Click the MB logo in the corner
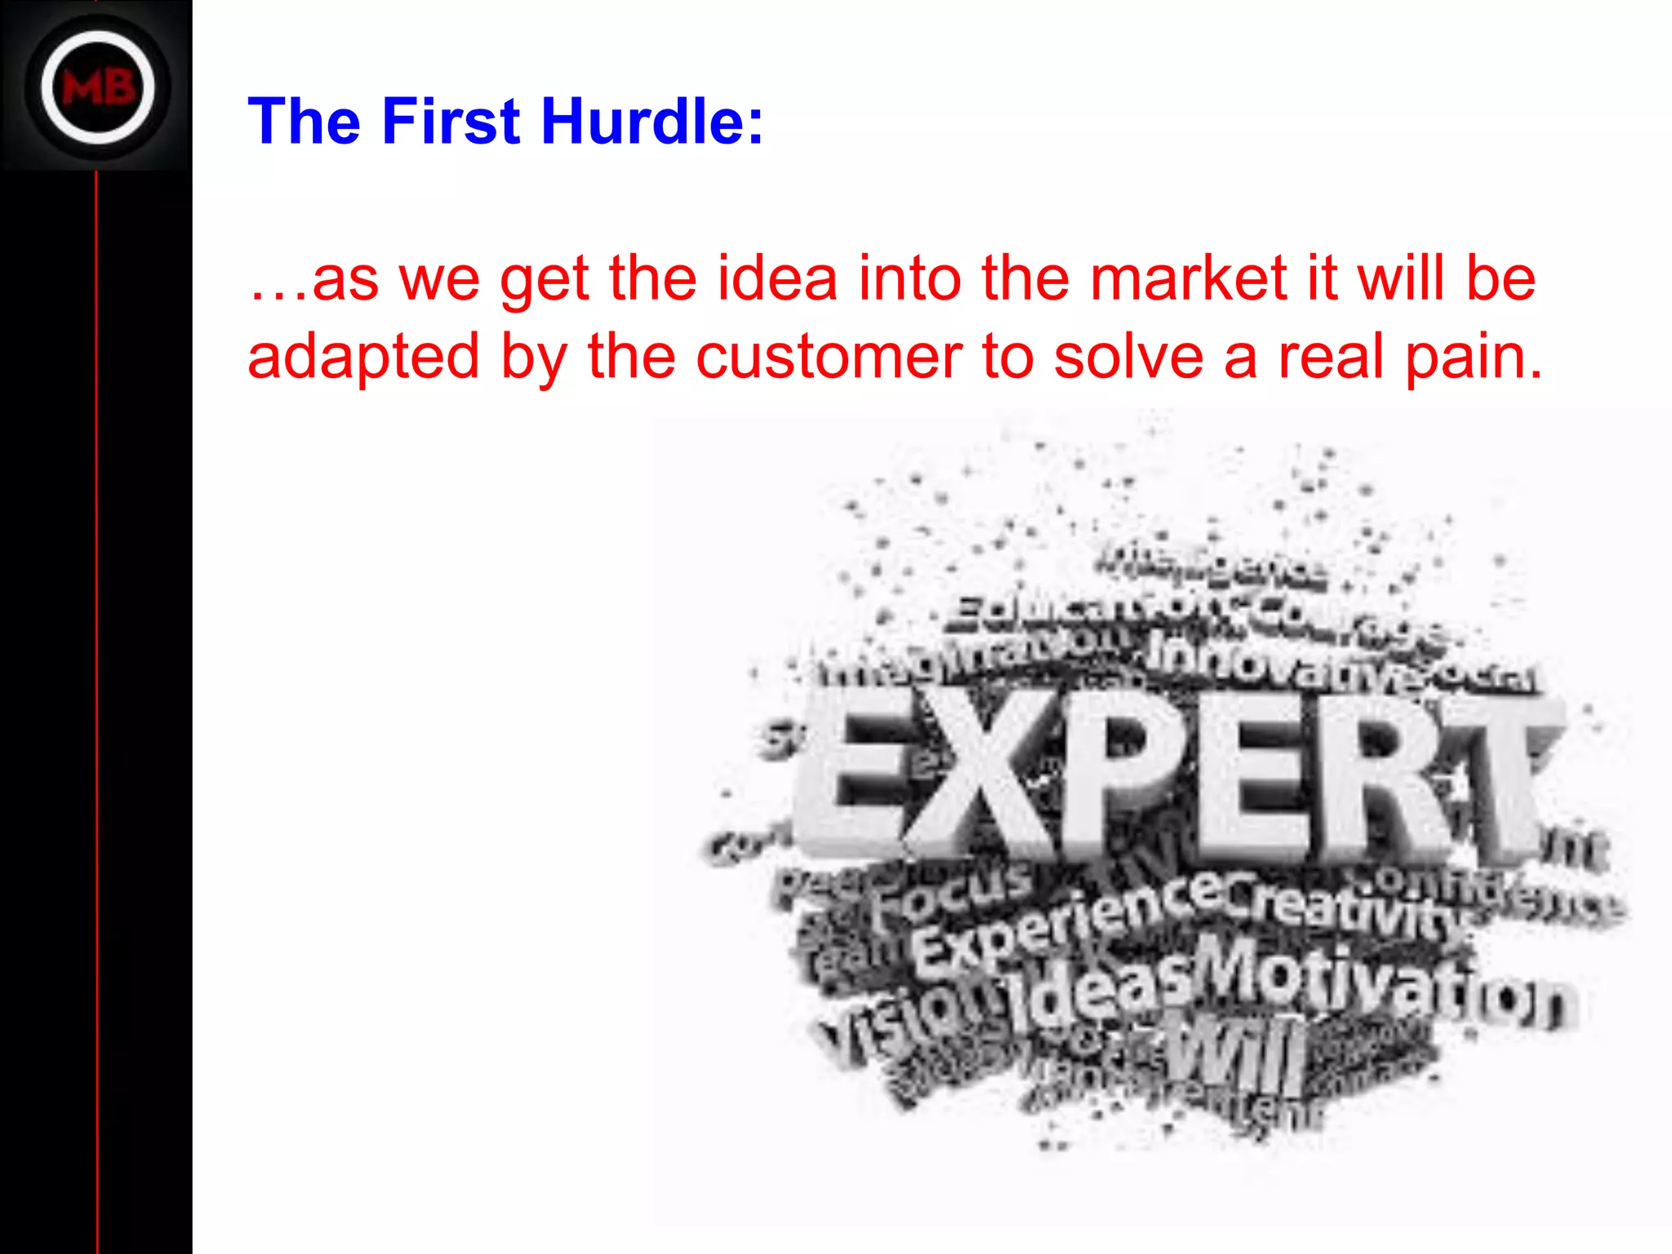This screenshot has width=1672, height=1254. click(98, 87)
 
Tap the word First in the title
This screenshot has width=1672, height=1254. click(451, 122)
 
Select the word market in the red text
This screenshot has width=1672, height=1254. click(1188, 278)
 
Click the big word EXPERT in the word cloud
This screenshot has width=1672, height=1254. click(1176, 776)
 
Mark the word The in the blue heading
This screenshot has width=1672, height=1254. click(304, 122)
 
